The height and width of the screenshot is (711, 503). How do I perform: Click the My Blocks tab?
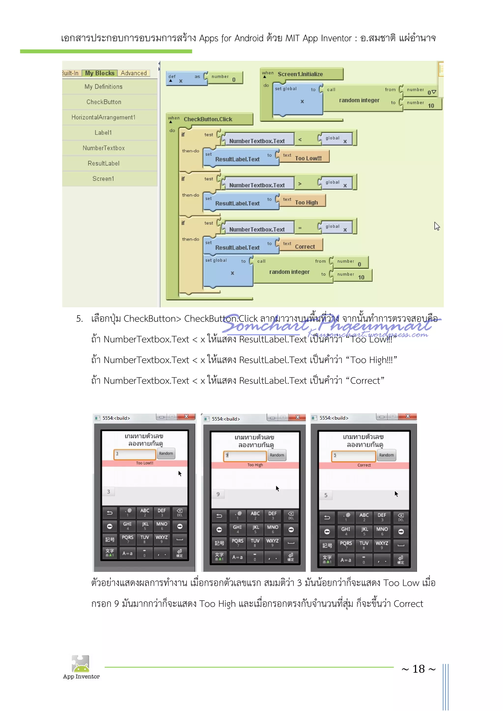pyautogui.click(x=99, y=73)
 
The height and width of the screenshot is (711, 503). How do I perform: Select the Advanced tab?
pyautogui.click(x=134, y=73)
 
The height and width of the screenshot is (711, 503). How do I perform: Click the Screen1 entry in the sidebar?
pyautogui.click(x=103, y=179)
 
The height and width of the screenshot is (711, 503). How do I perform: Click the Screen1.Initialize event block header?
pyautogui.click(x=300, y=74)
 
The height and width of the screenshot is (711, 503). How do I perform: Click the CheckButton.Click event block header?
pyautogui.click(x=208, y=119)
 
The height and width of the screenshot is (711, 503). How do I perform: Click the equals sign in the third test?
pyautogui.click(x=300, y=228)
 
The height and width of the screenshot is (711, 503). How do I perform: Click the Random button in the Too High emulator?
pyautogui.click(x=277, y=455)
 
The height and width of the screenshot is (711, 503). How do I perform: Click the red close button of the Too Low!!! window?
pyautogui.click(x=186, y=417)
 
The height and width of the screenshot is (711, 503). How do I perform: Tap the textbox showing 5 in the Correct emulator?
pyautogui.click(x=354, y=456)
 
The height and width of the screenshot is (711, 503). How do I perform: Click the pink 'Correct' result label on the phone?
pyautogui.click(x=364, y=465)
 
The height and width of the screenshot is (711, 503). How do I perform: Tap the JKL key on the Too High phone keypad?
pyautogui.click(x=255, y=529)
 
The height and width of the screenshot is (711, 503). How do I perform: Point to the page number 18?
pyautogui.click(x=419, y=669)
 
